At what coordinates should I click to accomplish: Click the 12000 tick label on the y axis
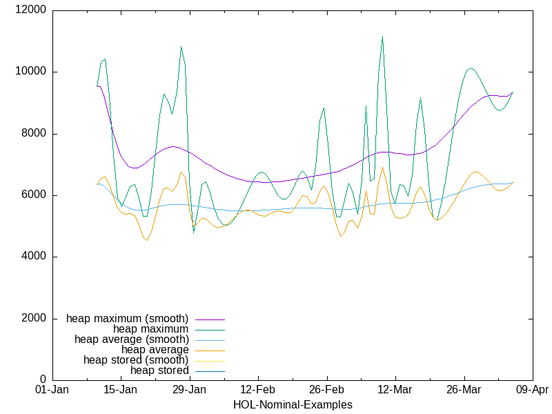coord(31,10)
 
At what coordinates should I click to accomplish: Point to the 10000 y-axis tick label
coord(31,72)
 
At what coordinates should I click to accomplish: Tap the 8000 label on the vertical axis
coord(34,134)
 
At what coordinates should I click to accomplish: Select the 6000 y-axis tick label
coord(34,195)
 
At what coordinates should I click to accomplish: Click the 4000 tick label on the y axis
coord(34,257)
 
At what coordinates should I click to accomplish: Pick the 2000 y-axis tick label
coord(34,318)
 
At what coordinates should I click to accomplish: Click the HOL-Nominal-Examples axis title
coord(293,404)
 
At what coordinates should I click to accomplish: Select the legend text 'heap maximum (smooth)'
coord(127,319)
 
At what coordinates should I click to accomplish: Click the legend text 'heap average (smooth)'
coord(131,339)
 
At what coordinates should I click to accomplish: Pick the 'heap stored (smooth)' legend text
coord(135,360)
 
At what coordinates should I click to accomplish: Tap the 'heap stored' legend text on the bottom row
coord(159,371)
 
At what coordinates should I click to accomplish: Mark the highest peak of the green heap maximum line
coord(382,36)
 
